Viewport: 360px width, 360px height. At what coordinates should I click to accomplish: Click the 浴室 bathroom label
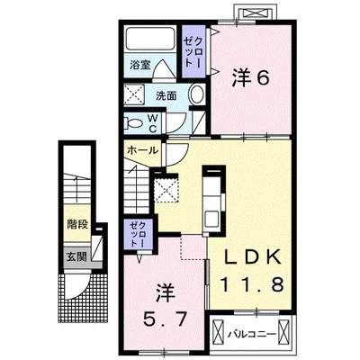[139, 65]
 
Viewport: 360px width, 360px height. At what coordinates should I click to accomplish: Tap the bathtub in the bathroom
[150, 40]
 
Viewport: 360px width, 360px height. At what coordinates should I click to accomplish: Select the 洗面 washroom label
[166, 96]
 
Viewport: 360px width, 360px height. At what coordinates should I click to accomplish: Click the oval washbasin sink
[197, 94]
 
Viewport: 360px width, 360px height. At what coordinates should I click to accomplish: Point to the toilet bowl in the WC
[134, 123]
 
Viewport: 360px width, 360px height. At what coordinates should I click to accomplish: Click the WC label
[153, 123]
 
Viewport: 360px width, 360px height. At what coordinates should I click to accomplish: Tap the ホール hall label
[142, 150]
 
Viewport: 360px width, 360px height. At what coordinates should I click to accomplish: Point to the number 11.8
[252, 284]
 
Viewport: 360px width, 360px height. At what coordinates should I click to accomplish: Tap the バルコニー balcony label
[251, 334]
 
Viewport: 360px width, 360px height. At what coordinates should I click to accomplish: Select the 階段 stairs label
[77, 224]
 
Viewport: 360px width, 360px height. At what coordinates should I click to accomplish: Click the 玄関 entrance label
[76, 256]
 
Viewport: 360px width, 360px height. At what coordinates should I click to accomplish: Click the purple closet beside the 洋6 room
[194, 51]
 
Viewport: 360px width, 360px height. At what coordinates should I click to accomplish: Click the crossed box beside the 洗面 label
[134, 94]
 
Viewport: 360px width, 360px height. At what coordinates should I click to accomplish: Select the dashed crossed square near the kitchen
[166, 189]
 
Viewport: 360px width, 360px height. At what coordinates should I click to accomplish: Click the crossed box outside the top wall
[255, 13]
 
